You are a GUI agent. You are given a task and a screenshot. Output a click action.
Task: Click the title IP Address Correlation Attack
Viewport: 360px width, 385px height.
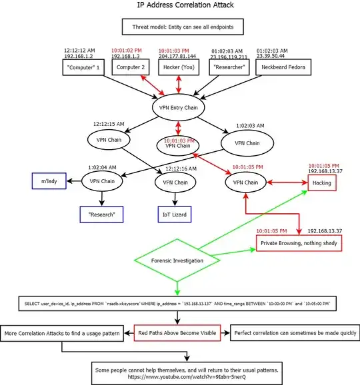tap(180, 5)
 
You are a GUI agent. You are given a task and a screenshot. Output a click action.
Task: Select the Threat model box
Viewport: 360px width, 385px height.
tap(180, 27)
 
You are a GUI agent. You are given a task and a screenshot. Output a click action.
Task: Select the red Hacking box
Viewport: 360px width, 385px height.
tap(322, 182)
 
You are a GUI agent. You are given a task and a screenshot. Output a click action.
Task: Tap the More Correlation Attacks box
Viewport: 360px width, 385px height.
tap(62, 332)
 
